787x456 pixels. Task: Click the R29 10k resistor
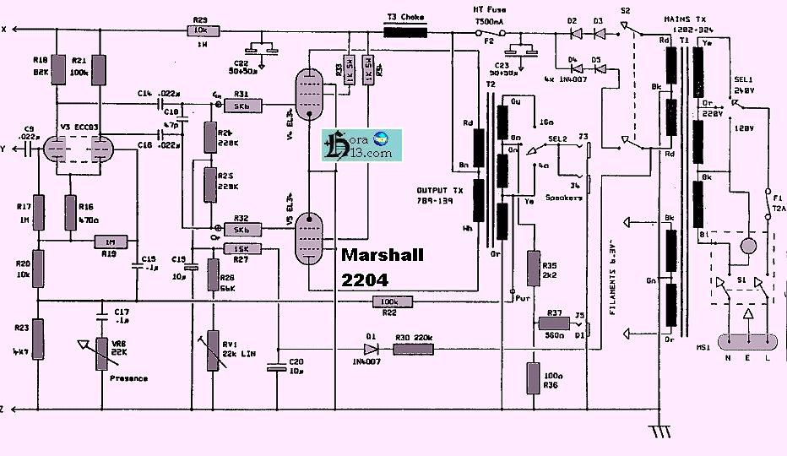click(200, 30)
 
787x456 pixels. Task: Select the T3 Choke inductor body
click(406, 32)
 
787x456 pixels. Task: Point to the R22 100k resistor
click(389, 301)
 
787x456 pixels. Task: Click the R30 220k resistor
click(414, 346)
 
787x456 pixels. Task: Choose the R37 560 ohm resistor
click(554, 323)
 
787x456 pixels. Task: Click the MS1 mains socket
click(746, 342)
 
